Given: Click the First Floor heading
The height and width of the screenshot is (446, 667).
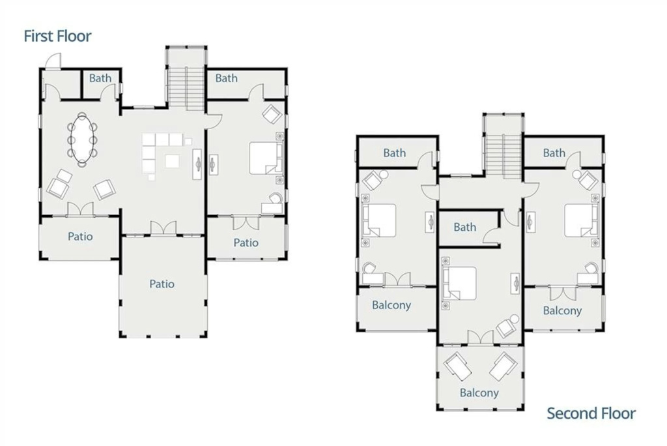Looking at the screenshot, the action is (57, 37).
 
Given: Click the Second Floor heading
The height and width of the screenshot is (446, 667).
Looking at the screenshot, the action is (591, 413).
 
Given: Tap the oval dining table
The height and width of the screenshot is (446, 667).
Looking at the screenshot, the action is (81, 140).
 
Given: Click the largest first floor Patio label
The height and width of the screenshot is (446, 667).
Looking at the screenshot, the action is (162, 284).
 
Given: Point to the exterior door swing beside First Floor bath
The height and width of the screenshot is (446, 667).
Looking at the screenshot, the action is (53, 61).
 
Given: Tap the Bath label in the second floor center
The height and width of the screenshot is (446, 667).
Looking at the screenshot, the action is (464, 227).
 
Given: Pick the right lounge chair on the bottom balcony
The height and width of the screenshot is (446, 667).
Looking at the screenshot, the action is (504, 366).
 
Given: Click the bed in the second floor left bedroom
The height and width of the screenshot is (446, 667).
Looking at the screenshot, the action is (379, 220).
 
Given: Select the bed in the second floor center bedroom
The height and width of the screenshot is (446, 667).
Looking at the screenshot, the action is (459, 283).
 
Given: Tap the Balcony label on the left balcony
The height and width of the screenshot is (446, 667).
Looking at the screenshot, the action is (391, 305).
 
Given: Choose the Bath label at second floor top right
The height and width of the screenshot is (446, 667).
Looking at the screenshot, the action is (554, 153).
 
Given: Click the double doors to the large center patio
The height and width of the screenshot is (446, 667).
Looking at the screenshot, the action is (163, 228).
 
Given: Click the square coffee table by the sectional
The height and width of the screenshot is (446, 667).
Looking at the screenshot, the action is (172, 162).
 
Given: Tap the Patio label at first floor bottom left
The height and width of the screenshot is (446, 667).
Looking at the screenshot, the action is (80, 236).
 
